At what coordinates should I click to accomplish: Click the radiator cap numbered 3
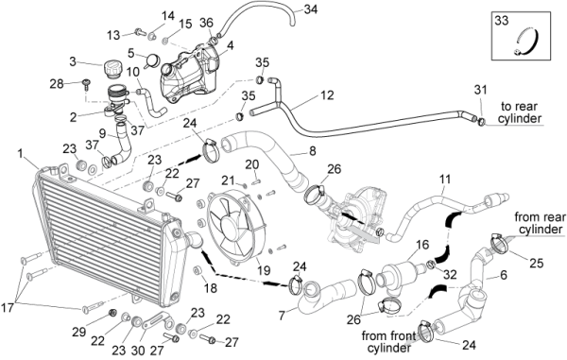(x=113, y=69)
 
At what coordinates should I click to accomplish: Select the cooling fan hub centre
(x=229, y=225)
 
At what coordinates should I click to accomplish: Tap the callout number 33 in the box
(x=502, y=21)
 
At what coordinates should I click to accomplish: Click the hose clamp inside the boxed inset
(x=527, y=43)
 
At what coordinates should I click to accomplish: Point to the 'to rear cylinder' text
(x=520, y=112)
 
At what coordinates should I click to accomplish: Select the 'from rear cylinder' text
(x=540, y=223)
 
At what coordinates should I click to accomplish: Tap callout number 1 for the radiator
(x=20, y=154)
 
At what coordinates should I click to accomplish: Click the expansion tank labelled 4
(x=189, y=74)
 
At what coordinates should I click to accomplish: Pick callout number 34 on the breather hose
(x=310, y=9)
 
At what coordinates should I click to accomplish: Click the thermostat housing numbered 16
(x=401, y=274)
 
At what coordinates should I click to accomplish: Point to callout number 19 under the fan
(x=264, y=270)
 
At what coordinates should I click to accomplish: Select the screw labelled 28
(x=86, y=85)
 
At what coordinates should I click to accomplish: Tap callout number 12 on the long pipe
(x=327, y=95)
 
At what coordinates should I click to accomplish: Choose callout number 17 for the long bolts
(x=8, y=308)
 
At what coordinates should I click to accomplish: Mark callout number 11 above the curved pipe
(x=445, y=179)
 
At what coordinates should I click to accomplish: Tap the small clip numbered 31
(x=481, y=122)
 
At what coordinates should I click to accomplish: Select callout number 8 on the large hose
(x=312, y=150)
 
